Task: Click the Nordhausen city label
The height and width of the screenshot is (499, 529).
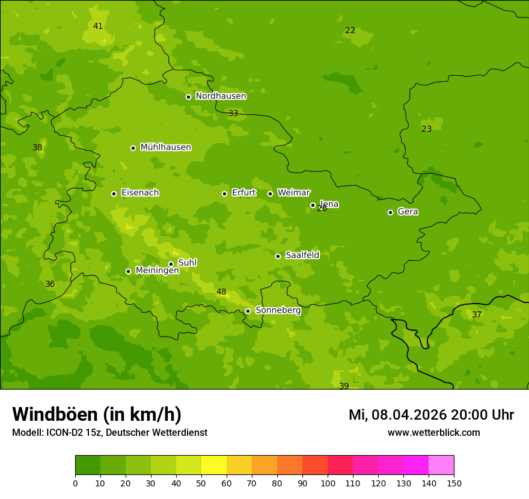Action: pyautogui.click(x=221, y=96)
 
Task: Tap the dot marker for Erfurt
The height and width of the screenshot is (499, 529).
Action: pyautogui.click(x=224, y=194)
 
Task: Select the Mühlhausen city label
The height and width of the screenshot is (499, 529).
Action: pyautogui.click(x=165, y=147)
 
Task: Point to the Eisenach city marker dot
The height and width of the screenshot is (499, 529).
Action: pyautogui.click(x=114, y=194)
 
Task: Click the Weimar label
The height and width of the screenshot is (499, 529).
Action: pyautogui.click(x=293, y=193)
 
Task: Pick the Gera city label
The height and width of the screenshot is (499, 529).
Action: pyautogui.click(x=408, y=212)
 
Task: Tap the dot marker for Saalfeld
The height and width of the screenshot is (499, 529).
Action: pyautogui.click(x=278, y=256)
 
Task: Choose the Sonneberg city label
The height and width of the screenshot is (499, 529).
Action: pyautogui.click(x=278, y=310)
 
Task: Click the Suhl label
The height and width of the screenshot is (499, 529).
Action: pyautogui.click(x=188, y=263)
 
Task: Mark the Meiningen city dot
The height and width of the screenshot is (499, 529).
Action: pyautogui.click(x=128, y=271)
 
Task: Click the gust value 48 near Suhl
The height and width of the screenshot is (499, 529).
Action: pyautogui.click(x=221, y=292)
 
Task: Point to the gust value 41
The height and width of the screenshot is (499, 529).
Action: pyautogui.click(x=98, y=26)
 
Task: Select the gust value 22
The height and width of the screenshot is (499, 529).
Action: pyautogui.click(x=350, y=31)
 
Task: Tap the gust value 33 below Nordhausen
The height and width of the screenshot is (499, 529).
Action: pyautogui.click(x=233, y=114)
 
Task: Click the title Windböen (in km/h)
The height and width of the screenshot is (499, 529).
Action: pyautogui.click(x=97, y=414)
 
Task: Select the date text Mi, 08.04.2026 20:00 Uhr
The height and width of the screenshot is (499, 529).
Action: pyautogui.click(x=431, y=415)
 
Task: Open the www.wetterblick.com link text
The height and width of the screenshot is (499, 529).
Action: pyautogui.click(x=433, y=433)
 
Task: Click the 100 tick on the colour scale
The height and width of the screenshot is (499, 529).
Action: pyautogui.click(x=328, y=483)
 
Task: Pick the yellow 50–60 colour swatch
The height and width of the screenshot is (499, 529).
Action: pyautogui.click(x=214, y=465)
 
